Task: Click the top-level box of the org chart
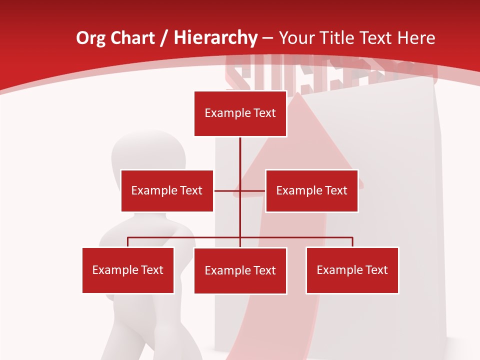(x=240, y=113)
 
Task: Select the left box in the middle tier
(x=167, y=190)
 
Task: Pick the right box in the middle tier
(x=311, y=190)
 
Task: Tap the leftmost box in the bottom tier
(x=128, y=270)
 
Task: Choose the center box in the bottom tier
(x=240, y=270)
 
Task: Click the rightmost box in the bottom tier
(x=352, y=270)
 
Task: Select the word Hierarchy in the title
(x=215, y=38)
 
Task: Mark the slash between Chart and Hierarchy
(x=164, y=38)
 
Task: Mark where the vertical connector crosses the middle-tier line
(x=240, y=190)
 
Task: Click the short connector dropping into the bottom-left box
(x=128, y=242)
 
